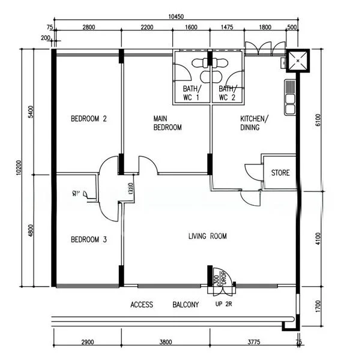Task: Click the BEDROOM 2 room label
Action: point(88,119)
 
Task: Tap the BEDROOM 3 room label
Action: point(88,240)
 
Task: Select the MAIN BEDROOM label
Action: point(167,123)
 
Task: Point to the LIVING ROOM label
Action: point(207,236)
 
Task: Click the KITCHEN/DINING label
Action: point(255,123)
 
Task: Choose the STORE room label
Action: point(280,173)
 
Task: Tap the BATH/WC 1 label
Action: point(192,93)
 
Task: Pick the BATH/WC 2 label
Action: point(227,93)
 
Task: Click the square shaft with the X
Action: point(297,60)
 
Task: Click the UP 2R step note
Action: point(223,305)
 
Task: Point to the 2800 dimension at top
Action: point(88,28)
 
